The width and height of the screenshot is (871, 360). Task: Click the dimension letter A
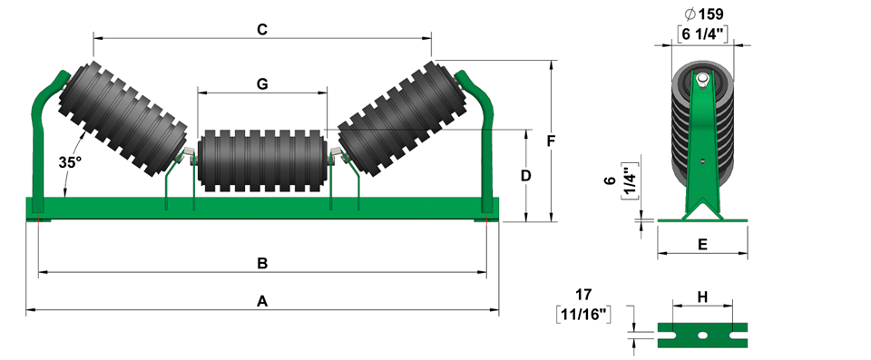(262, 302)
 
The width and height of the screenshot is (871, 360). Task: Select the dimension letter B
(262, 263)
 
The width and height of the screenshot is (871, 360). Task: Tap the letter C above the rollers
(262, 29)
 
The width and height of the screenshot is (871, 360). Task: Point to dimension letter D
(525, 176)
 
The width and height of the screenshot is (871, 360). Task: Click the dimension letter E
(702, 245)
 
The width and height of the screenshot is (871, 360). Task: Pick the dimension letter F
(551, 141)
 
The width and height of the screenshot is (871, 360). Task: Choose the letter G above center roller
(262, 84)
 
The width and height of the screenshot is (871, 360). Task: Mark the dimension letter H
(702, 297)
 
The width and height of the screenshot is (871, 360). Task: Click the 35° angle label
(70, 162)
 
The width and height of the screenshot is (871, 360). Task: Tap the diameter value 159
(703, 14)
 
